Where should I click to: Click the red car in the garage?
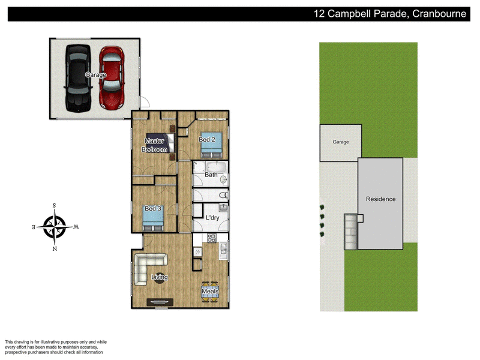pyautogui.click(x=112, y=78)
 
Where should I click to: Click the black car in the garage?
pyautogui.click(x=78, y=78)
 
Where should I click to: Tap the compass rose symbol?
pyautogui.click(x=55, y=227)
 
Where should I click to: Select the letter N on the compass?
pyautogui.click(x=55, y=248)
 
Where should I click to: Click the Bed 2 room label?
pyautogui.click(x=207, y=140)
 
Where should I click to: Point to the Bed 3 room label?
pyautogui.click(x=153, y=208)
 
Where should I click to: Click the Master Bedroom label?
pyautogui.click(x=155, y=145)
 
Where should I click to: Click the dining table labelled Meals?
pyautogui.click(x=210, y=292)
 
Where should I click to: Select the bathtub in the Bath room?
pyautogui.click(x=216, y=167)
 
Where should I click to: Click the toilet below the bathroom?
pyautogui.click(x=224, y=194)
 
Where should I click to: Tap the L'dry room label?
pyautogui.click(x=212, y=218)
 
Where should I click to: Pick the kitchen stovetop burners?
pyautogui.click(x=212, y=238)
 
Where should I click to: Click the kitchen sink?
pyautogui.click(x=223, y=251)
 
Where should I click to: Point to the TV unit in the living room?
pyautogui.click(x=160, y=302)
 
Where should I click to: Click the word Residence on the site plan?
pyautogui.click(x=381, y=199)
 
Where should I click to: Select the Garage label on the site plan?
pyautogui.click(x=341, y=142)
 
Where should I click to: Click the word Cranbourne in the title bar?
pyautogui.click(x=439, y=14)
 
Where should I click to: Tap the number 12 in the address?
pyautogui.click(x=319, y=14)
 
